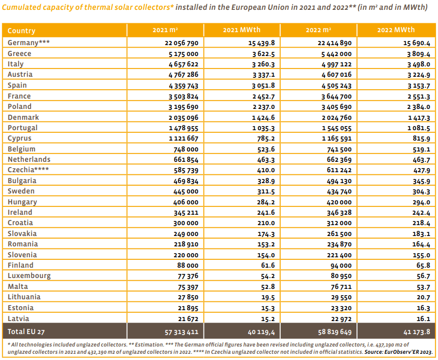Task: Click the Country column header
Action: pyautogui.click(x=21, y=31)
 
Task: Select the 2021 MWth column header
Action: pyautogui.click(x=242, y=30)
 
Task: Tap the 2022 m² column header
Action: pyautogui.click(x=319, y=30)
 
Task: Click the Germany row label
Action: pyautogui.click(x=29, y=43)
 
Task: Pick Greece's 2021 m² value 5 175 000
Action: pyautogui.click(x=183, y=54)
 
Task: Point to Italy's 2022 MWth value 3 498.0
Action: pyautogui.click(x=418, y=64)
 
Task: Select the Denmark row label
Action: pyautogui.click(x=23, y=117)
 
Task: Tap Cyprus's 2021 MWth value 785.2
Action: pyautogui.click(x=266, y=139)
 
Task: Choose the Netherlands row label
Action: pyautogui.click(x=29, y=159)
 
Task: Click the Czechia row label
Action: pyautogui.click(x=28, y=170)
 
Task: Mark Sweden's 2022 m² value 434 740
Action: pyautogui.click(x=339, y=191)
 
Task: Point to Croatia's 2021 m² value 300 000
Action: pyautogui.click(x=186, y=223)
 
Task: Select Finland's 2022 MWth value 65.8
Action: pyautogui.click(x=423, y=265)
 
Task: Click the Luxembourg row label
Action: pyautogui.click(x=29, y=276)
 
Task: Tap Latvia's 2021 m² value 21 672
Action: pyautogui.click(x=188, y=319)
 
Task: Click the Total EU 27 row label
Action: pyautogui.click(x=26, y=331)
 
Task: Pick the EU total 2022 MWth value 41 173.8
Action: pyautogui.click(x=417, y=332)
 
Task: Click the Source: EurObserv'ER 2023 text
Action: pyautogui.click(x=399, y=352)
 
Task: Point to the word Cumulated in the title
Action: pyautogui.click(x=19, y=7)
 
